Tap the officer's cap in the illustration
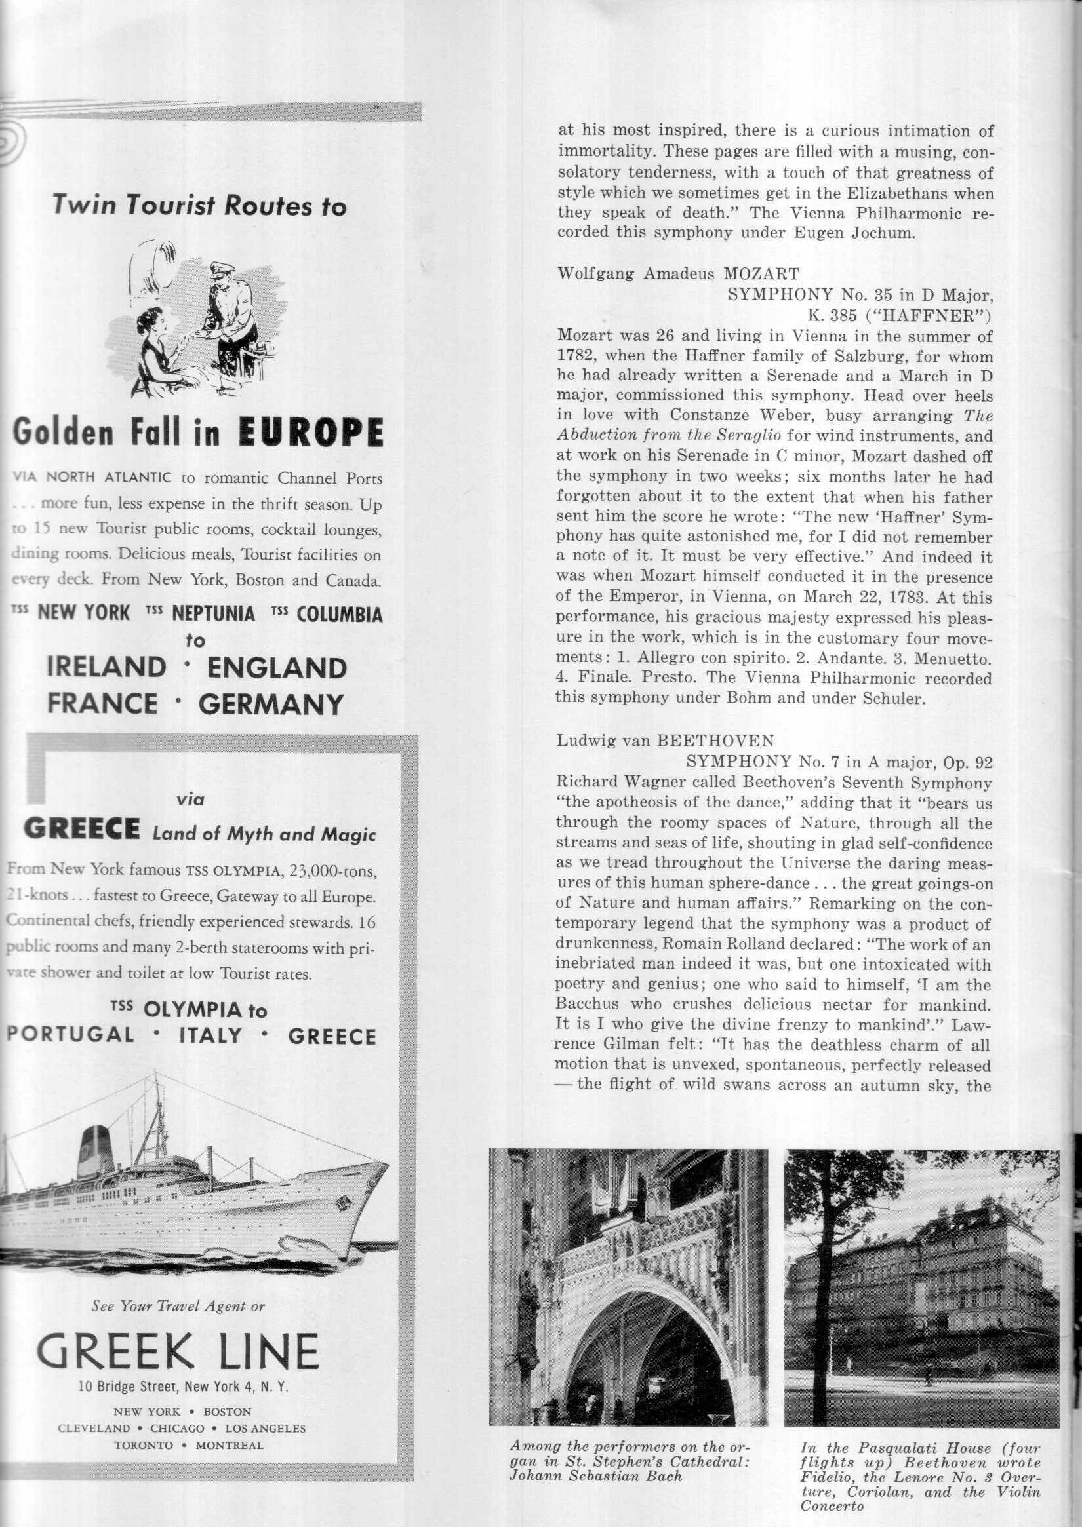click(x=221, y=269)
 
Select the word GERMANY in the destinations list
click(x=271, y=704)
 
